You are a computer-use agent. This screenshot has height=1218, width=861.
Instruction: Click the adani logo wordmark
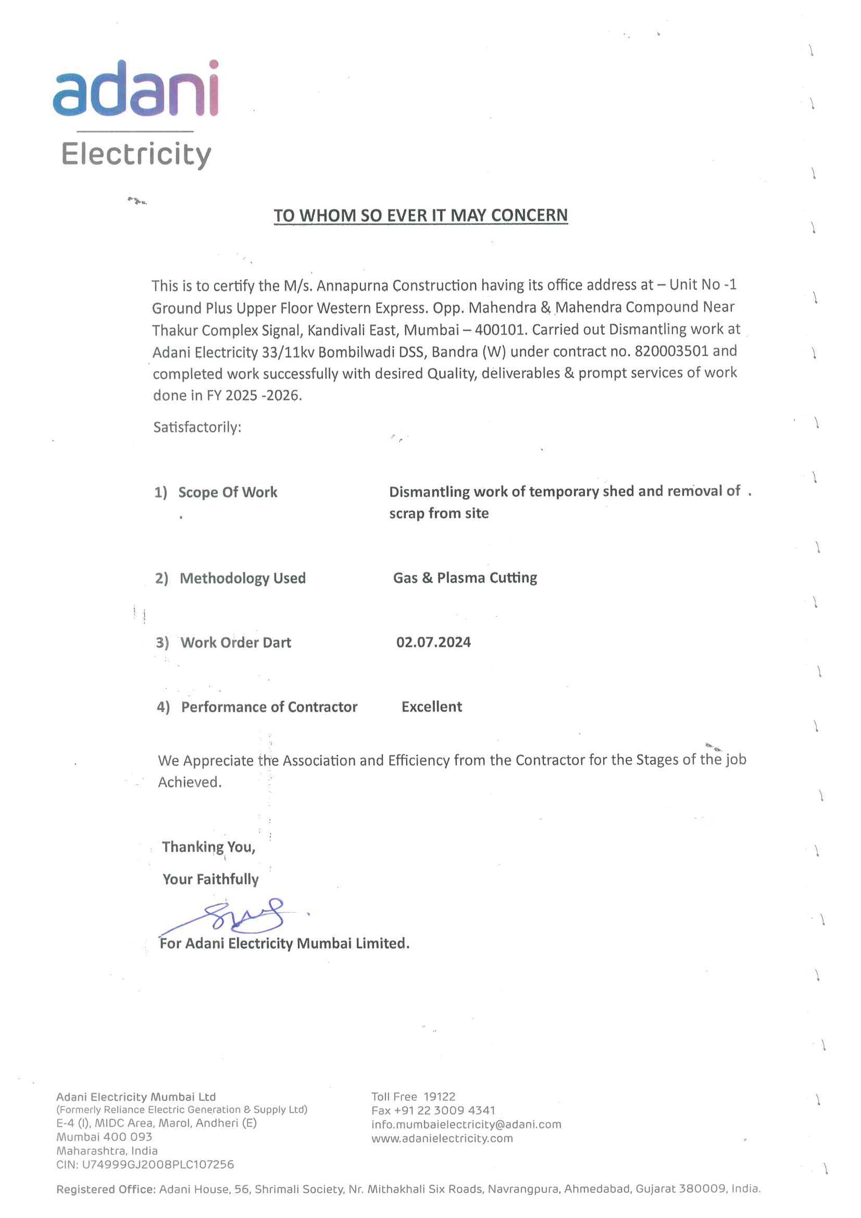point(136,89)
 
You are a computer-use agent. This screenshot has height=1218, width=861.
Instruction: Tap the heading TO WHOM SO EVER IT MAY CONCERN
point(420,215)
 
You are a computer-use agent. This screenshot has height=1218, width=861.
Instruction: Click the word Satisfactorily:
point(197,427)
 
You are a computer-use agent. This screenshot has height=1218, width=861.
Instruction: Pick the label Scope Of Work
point(228,492)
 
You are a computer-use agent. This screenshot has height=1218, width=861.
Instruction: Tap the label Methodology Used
point(242,578)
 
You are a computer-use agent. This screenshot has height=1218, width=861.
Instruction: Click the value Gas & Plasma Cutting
point(465,578)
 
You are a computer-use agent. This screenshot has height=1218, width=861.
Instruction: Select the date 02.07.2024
point(433,642)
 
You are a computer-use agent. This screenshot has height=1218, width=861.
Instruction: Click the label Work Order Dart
point(235,643)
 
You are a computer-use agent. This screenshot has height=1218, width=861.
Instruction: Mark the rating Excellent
point(432,707)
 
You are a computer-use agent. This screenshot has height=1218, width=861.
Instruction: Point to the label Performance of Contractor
point(269,707)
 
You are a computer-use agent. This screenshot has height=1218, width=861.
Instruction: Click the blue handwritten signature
point(237,916)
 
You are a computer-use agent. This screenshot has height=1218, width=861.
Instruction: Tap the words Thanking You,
point(209,847)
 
